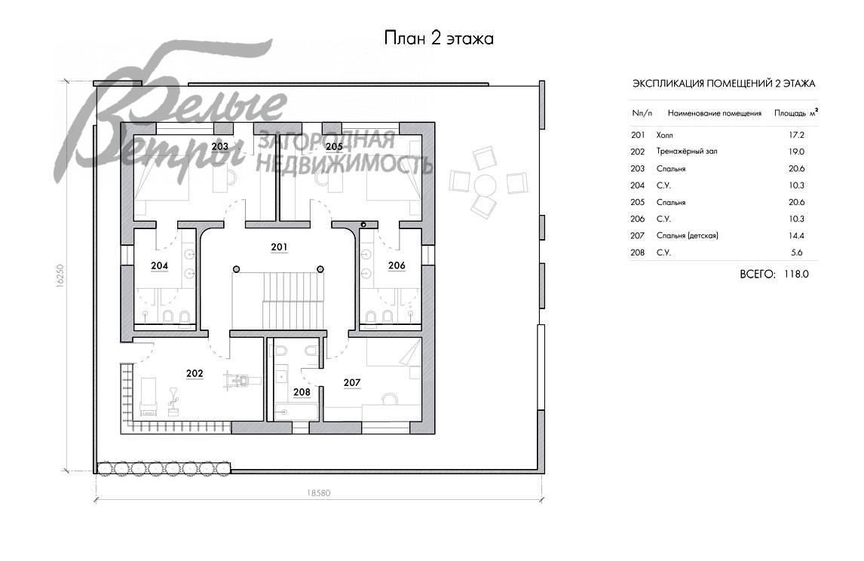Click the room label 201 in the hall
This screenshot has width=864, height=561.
280,247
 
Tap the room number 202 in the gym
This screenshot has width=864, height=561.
195,374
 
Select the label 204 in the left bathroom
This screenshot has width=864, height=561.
159,265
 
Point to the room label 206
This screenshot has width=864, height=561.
397,265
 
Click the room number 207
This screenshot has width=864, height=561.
352,383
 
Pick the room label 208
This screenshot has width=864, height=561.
302,392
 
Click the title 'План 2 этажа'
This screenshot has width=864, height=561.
439,38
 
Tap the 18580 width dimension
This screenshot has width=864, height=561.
318,493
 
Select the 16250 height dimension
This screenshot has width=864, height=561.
60,275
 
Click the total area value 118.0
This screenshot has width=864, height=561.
796,274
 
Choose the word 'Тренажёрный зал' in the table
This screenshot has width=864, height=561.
687,152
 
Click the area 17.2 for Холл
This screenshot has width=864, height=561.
796,135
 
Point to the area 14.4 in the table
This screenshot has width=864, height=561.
796,235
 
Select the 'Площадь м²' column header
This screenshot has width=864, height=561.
796,113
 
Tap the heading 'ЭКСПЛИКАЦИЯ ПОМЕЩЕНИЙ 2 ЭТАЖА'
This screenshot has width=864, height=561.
724,84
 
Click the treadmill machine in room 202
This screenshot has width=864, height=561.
237,380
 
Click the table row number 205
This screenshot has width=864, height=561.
638,202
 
